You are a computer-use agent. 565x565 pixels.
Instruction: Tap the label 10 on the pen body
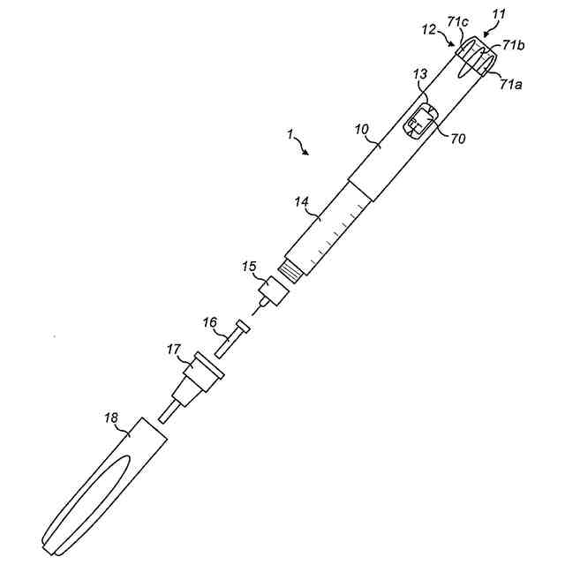(362, 130)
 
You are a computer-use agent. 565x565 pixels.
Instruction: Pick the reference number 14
(302, 202)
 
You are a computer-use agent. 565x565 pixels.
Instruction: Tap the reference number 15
(249, 265)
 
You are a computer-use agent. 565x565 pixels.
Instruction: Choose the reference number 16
(210, 324)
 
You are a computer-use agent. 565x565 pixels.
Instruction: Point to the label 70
(457, 139)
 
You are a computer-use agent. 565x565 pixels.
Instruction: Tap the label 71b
(515, 45)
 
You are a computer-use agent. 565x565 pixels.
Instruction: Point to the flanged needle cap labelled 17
(196, 375)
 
